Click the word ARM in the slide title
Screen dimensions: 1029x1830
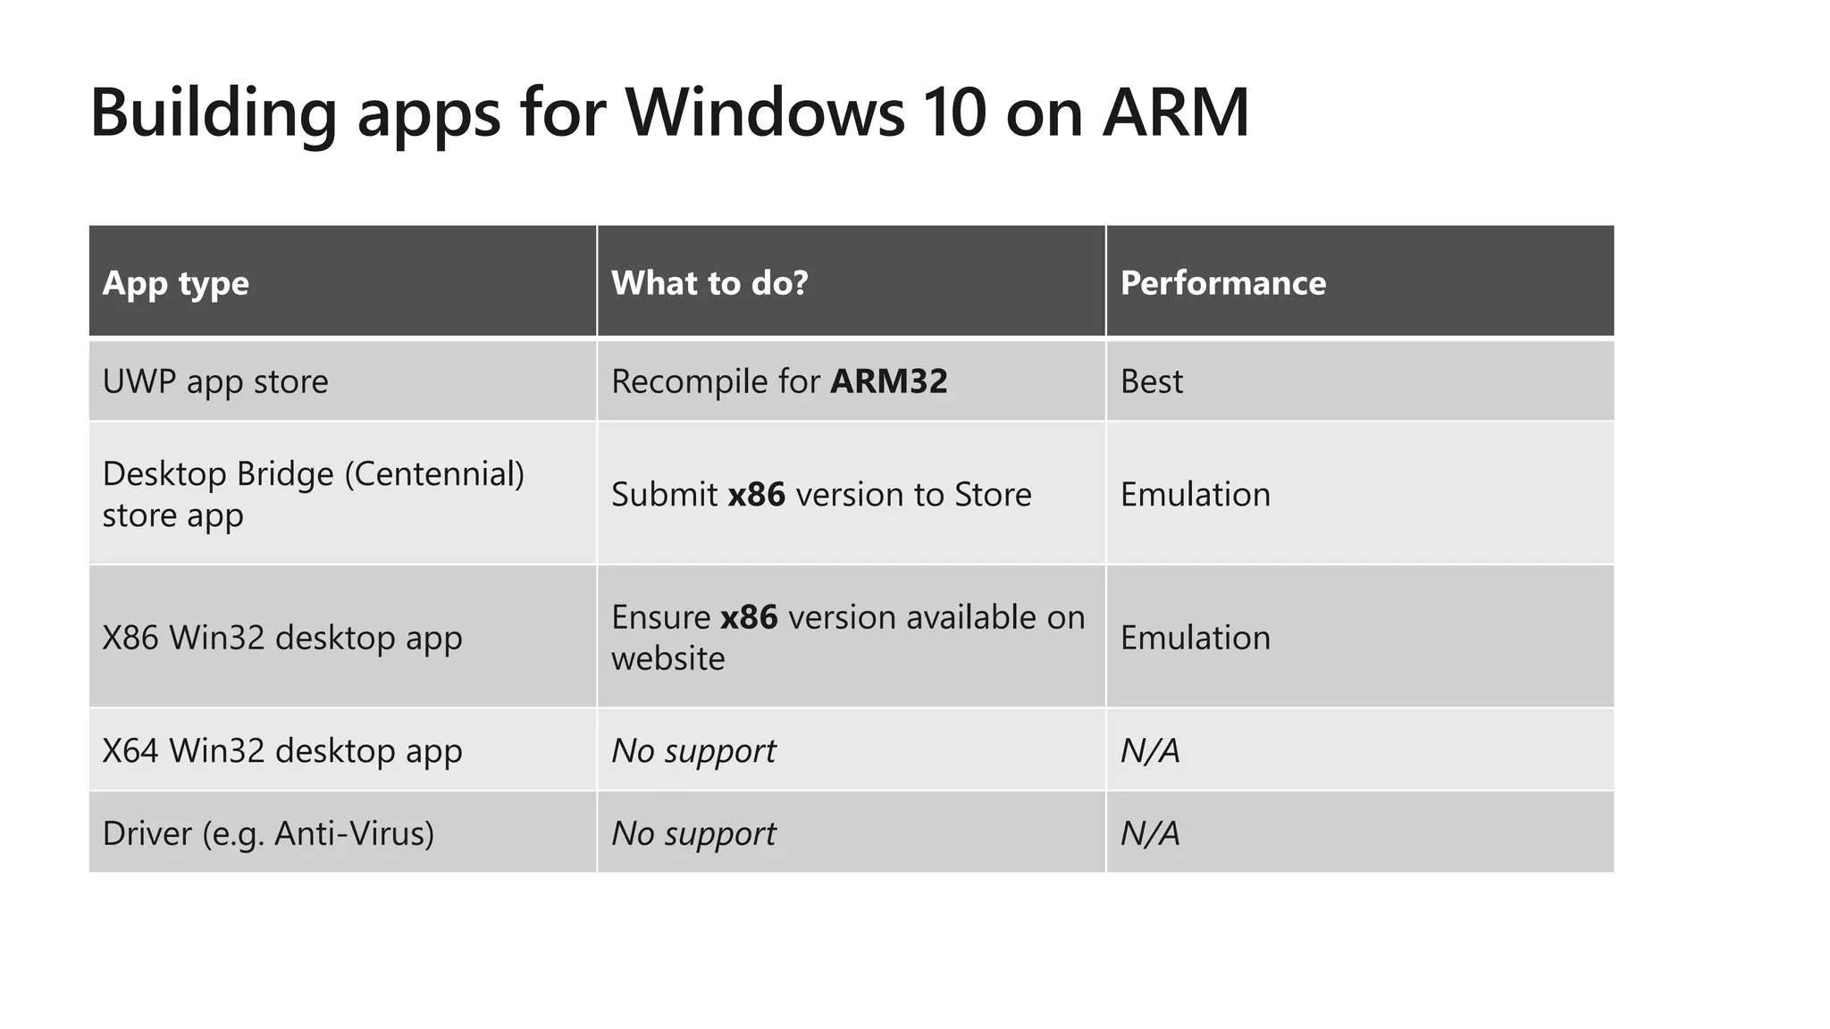point(1175,113)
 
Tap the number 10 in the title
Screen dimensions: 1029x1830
point(953,113)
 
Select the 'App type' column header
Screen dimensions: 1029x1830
point(176,283)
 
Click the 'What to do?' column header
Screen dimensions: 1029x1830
point(709,283)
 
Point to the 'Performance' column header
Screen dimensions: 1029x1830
point(1222,283)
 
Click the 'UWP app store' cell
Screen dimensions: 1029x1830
point(215,381)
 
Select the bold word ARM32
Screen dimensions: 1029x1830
point(888,381)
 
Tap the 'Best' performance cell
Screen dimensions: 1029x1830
point(1151,381)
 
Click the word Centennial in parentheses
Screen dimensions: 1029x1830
point(433,473)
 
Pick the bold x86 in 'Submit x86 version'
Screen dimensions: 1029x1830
point(756,494)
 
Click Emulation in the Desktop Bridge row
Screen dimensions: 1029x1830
point(1195,494)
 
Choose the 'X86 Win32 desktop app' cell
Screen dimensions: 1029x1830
point(282,638)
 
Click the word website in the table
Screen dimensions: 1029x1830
point(667,658)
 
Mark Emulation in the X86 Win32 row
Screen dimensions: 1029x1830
point(1195,638)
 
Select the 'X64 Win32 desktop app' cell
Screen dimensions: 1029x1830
point(282,750)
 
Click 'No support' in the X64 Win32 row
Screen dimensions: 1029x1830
point(693,750)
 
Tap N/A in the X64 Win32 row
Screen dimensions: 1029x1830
point(1150,750)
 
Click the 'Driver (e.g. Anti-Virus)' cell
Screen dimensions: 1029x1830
point(268,833)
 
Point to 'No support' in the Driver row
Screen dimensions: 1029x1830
point(693,833)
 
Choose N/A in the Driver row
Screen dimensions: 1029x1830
point(1150,833)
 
